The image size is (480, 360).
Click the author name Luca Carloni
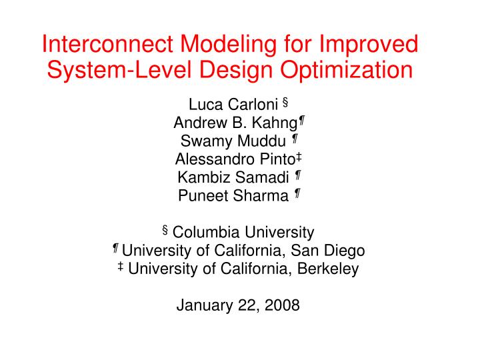233,105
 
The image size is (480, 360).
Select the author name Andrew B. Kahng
235,123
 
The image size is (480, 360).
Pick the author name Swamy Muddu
234,141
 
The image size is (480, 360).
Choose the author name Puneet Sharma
234,195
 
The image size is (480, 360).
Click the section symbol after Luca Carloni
285,102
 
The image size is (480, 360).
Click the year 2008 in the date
282,305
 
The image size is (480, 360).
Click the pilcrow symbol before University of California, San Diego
115,248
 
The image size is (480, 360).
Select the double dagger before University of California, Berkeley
120,267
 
